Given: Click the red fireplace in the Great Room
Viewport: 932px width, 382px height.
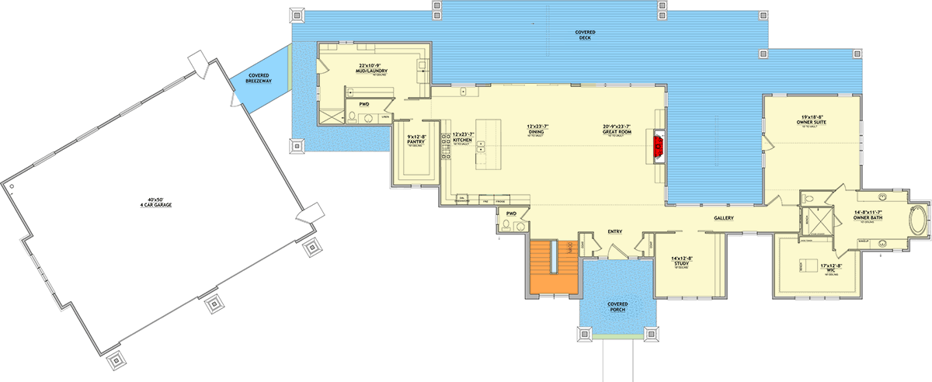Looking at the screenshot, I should tap(656, 145).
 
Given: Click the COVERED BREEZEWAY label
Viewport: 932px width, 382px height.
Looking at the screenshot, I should tap(259, 78).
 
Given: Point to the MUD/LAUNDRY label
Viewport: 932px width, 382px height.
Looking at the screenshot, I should tap(373, 70).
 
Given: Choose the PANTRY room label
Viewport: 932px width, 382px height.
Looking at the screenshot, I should tap(417, 141).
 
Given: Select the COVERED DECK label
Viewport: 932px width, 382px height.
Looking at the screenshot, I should tap(585, 35).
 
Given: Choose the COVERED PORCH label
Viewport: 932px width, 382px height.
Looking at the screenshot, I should tap(617, 306).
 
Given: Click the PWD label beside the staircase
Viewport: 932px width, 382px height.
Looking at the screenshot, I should tap(511, 213).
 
